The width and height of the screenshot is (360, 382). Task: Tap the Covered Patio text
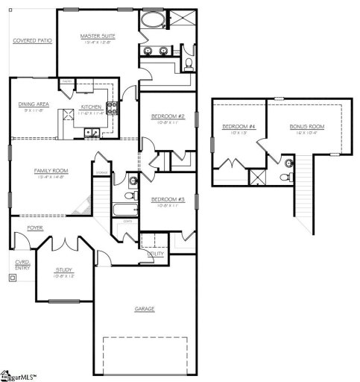point(32,40)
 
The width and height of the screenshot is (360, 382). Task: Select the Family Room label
point(51,171)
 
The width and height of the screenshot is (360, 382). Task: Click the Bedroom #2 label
point(167,117)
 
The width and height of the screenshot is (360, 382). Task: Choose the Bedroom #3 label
point(167,199)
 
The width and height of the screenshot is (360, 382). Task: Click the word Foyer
point(35,227)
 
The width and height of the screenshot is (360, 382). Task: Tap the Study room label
point(65,271)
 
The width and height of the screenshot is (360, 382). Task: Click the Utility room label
point(156,254)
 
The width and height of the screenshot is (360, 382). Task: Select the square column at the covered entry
point(11,278)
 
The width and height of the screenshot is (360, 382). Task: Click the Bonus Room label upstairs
point(307,127)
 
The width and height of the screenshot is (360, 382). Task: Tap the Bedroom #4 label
point(238,127)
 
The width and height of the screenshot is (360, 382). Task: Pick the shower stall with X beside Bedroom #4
point(258,177)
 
